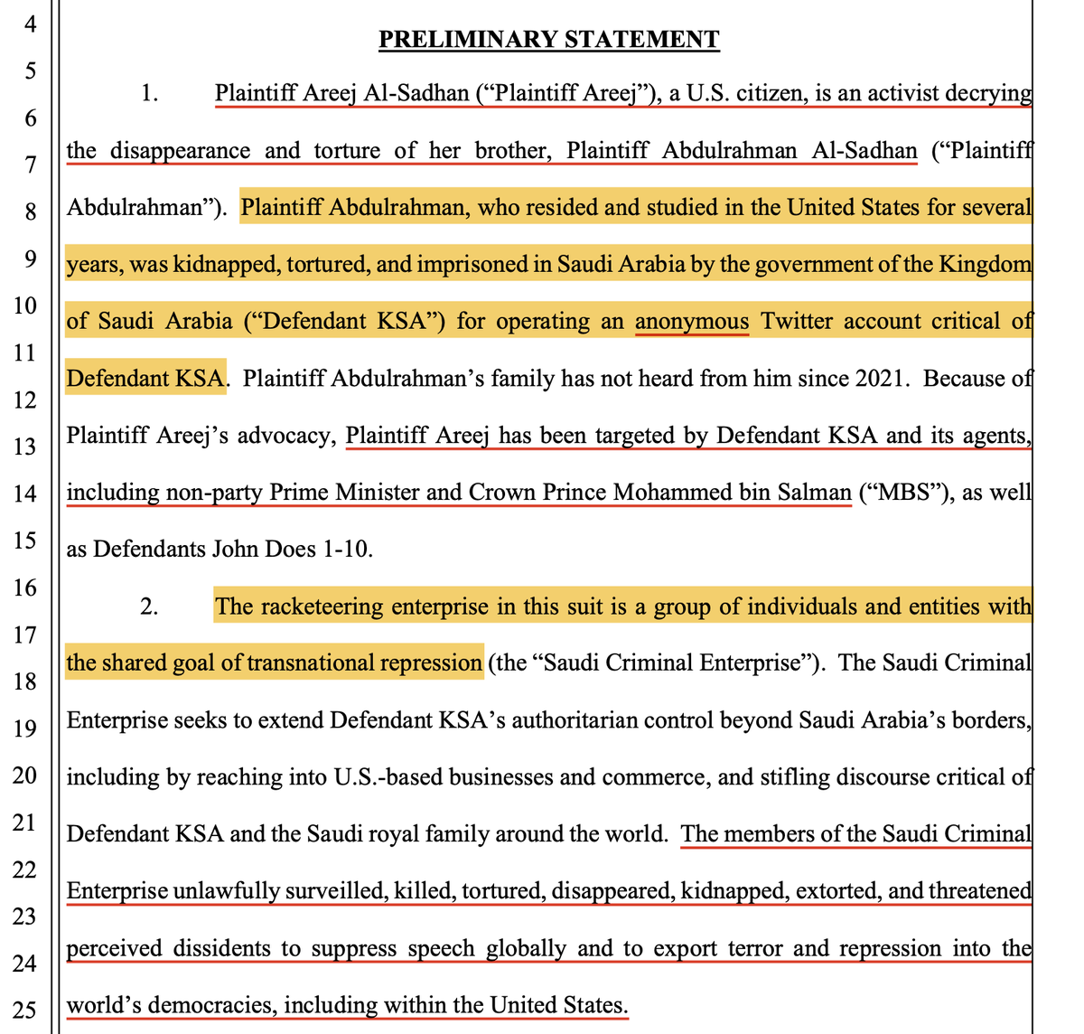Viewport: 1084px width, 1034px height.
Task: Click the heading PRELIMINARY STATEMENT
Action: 548,40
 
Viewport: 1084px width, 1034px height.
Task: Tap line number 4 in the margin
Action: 30,23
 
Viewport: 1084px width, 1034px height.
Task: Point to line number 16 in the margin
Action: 24,587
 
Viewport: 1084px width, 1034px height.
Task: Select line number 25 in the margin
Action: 24,1009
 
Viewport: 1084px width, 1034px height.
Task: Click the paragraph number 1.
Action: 150,93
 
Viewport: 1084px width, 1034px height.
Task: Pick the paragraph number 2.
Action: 150,606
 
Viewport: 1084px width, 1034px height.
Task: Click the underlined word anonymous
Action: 692,322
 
